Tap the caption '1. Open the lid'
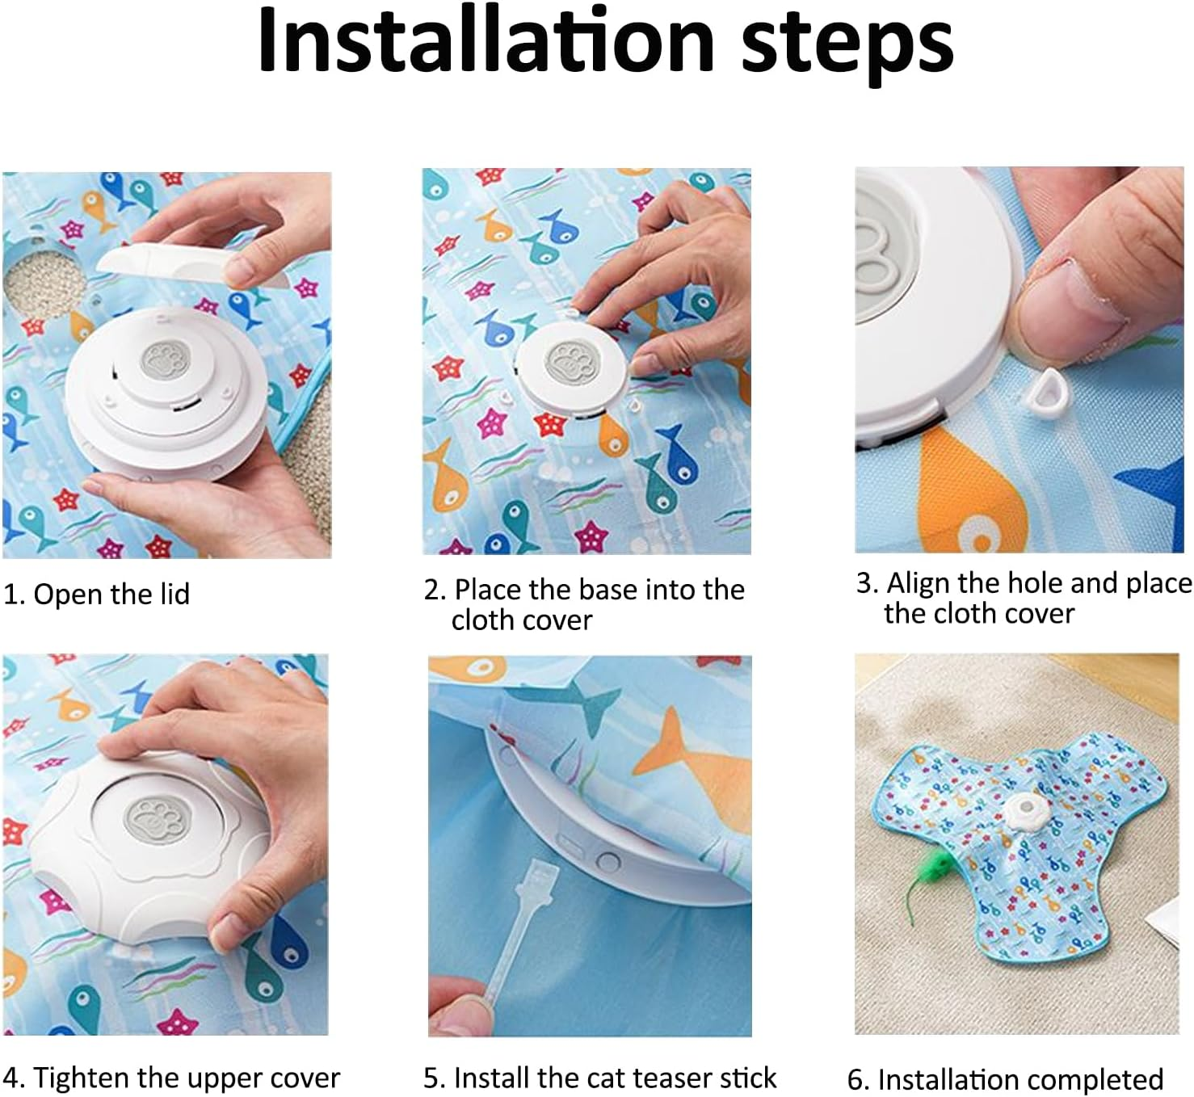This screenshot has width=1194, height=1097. point(96,594)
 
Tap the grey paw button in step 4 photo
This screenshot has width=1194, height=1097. point(158,822)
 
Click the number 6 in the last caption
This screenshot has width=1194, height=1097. point(855,1080)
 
